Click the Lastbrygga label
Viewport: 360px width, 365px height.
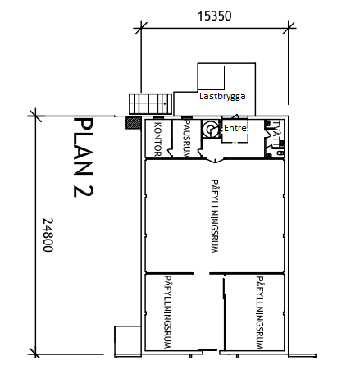(x=222, y=96)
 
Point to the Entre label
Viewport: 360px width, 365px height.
(x=235, y=128)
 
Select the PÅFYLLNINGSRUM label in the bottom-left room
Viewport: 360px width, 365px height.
(x=168, y=313)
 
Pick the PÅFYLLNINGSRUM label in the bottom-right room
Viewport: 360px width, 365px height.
(x=259, y=313)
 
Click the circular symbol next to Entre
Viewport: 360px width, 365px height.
(x=212, y=129)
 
